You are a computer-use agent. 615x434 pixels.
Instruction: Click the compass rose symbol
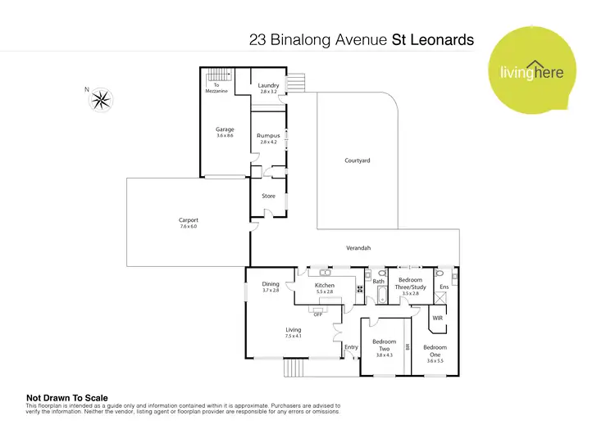coord(102,100)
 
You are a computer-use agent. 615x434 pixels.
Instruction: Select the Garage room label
coord(225,129)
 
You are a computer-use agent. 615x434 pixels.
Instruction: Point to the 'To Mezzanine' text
coord(217,88)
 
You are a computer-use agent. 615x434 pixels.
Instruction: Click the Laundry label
coord(269,85)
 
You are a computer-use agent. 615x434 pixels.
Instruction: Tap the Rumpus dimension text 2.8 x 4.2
coord(269,142)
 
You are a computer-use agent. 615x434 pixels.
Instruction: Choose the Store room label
coord(268,196)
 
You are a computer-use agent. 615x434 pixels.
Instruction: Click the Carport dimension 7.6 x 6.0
coord(189,226)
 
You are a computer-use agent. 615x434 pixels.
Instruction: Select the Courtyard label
coord(358,160)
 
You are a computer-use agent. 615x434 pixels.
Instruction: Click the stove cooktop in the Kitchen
coord(360,289)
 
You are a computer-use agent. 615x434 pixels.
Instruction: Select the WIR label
coord(437,316)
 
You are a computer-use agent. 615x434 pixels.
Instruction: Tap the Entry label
coord(351,347)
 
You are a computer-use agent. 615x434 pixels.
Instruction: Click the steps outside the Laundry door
coord(296,84)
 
